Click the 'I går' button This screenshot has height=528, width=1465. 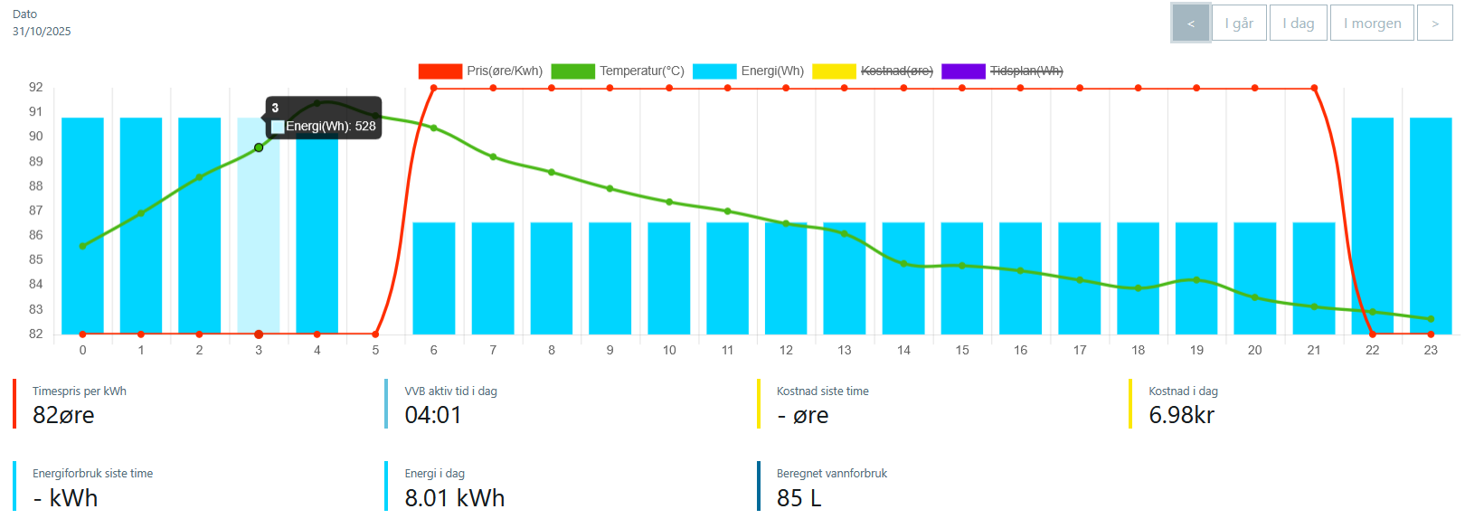pos(1238,24)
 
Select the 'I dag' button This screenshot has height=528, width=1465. pos(1298,24)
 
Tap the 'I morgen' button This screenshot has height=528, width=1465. pos(1372,24)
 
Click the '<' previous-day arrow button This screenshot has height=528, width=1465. pos(1190,24)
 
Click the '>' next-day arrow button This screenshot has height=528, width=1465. pos(1434,24)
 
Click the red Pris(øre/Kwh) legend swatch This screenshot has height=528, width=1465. pos(440,71)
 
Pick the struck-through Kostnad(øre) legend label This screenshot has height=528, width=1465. pos(896,71)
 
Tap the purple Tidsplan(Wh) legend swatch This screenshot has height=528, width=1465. pos(963,71)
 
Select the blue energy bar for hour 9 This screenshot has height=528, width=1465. pos(610,280)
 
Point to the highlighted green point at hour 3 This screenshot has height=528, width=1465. pos(259,147)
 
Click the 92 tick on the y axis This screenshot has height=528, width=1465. pos(36,88)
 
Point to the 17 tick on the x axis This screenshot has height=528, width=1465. pos(1080,350)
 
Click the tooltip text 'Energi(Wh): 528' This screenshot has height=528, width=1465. pos(330,127)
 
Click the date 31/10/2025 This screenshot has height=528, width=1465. pos(42,32)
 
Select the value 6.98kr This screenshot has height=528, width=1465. pos(1181,415)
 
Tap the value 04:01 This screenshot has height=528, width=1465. pos(433,415)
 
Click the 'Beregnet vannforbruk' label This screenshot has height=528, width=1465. pos(831,474)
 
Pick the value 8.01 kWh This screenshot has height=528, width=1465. pos(454,498)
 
